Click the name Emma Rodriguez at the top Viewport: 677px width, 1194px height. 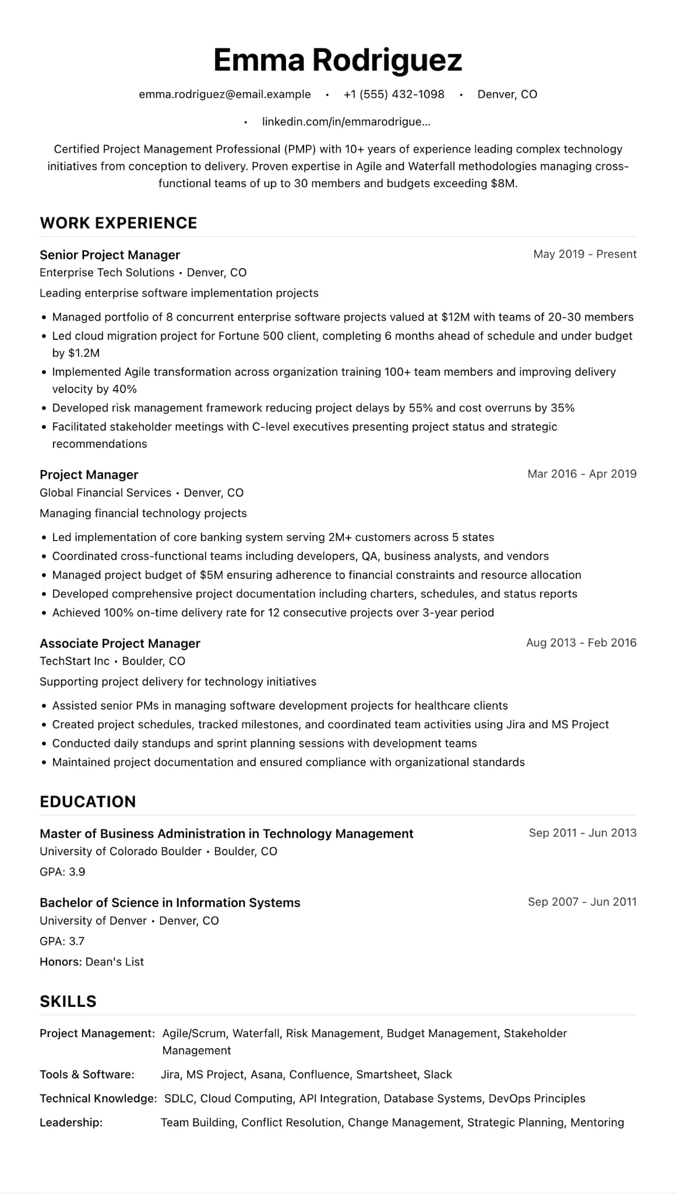tap(337, 60)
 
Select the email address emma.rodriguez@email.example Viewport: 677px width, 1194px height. tap(224, 94)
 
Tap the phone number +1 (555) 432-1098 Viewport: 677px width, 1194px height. tap(394, 94)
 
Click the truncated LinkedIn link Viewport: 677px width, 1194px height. tap(346, 122)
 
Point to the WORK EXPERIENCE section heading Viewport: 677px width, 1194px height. tap(118, 223)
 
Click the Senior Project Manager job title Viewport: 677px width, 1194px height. tap(110, 255)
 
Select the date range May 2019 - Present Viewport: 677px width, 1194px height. tap(584, 254)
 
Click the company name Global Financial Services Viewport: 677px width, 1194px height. tap(105, 493)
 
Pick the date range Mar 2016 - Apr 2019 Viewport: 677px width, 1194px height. tap(581, 474)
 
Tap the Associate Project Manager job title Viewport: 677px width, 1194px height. tap(119, 643)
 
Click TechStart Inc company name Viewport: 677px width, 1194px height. tap(75, 661)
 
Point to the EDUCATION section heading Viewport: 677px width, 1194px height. tap(87, 802)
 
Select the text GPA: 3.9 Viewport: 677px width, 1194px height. tap(62, 872)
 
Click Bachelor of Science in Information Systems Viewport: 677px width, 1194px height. tap(170, 902)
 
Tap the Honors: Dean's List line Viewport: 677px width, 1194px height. tap(91, 962)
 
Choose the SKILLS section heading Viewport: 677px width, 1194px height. tap(68, 1002)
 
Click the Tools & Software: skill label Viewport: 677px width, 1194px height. tap(87, 1074)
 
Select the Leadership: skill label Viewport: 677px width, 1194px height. tap(71, 1122)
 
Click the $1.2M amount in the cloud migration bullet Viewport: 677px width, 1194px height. tap(84, 353)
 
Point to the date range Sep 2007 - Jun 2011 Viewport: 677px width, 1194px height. tap(581, 902)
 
